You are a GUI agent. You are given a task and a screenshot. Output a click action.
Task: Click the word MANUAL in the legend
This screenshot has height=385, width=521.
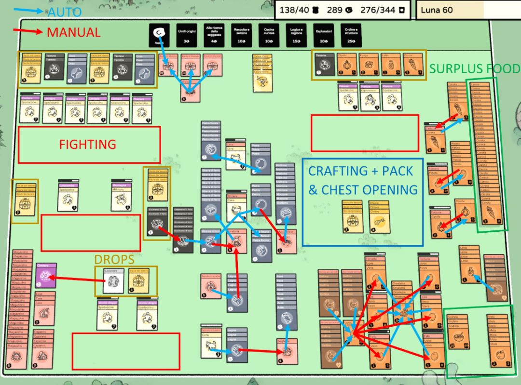(x=73, y=33)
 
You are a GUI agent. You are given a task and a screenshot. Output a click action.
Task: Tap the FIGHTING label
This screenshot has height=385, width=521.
(x=87, y=144)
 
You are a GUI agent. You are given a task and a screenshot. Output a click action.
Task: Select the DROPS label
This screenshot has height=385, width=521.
(x=114, y=260)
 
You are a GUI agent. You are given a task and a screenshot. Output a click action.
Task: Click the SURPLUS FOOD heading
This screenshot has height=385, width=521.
(x=475, y=69)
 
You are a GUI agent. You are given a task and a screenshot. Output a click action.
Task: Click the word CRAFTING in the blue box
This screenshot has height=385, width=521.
(x=338, y=171)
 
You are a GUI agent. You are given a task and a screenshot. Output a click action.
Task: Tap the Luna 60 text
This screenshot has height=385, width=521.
(x=437, y=10)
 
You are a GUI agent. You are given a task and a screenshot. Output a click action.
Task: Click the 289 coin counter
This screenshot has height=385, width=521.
(x=338, y=10)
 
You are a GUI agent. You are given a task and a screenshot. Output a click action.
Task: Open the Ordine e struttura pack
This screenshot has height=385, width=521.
(x=351, y=35)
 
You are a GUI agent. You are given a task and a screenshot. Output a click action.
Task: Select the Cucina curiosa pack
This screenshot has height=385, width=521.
(x=268, y=35)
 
